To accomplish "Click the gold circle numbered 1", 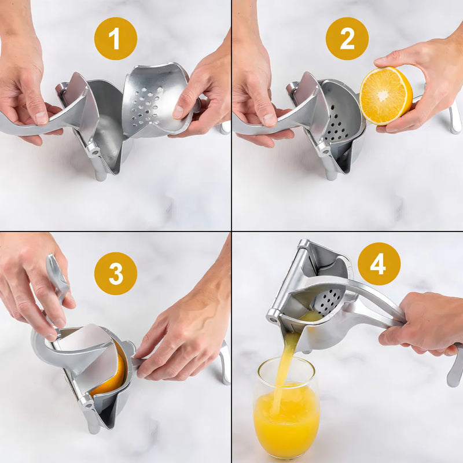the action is [x=115, y=39].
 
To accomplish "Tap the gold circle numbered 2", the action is [x=347, y=39].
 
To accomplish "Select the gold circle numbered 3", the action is [x=115, y=273].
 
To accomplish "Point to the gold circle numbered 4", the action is [x=379, y=264].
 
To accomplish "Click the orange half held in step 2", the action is [x=385, y=95].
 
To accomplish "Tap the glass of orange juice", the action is [x=286, y=407].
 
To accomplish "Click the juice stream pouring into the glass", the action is [x=284, y=363].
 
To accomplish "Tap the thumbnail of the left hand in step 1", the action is [x=41, y=118].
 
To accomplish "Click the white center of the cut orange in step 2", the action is [x=383, y=95].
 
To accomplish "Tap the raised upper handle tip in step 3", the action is [x=52, y=260].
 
